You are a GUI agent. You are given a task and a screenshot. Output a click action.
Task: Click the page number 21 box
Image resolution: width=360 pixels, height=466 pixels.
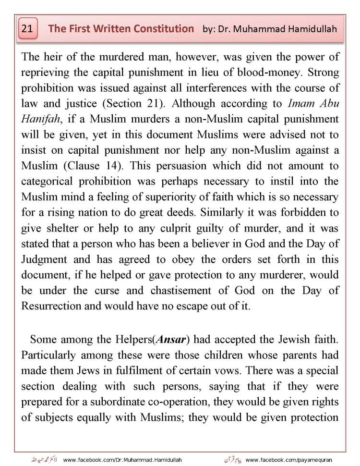27,29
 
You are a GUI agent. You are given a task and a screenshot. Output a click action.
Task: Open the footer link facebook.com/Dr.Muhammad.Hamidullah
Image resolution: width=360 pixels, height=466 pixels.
122,460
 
